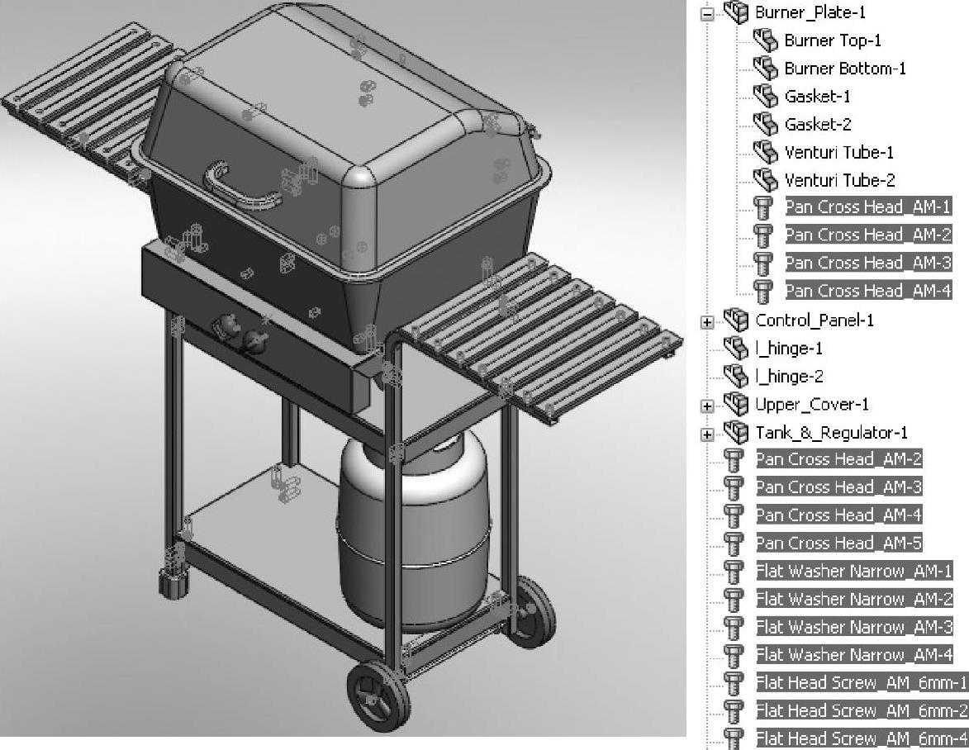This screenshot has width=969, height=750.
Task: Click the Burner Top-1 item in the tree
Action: coord(833,40)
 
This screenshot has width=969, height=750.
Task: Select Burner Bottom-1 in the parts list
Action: coord(845,69)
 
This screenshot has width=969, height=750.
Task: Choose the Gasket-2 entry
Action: coord(818,125)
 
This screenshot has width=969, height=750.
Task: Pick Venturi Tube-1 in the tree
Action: coord(838,153)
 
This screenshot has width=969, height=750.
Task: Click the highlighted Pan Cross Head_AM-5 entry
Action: coord(838,543)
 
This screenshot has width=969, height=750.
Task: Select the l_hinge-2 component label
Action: coord(789,376)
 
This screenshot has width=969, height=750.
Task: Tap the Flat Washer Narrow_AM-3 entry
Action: coord(854,627)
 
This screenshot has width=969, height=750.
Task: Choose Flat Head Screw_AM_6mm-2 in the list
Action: coord(862,710)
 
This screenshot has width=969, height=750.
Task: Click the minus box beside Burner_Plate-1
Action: coord(707,14)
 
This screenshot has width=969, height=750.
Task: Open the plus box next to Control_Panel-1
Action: coord(707,322)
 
